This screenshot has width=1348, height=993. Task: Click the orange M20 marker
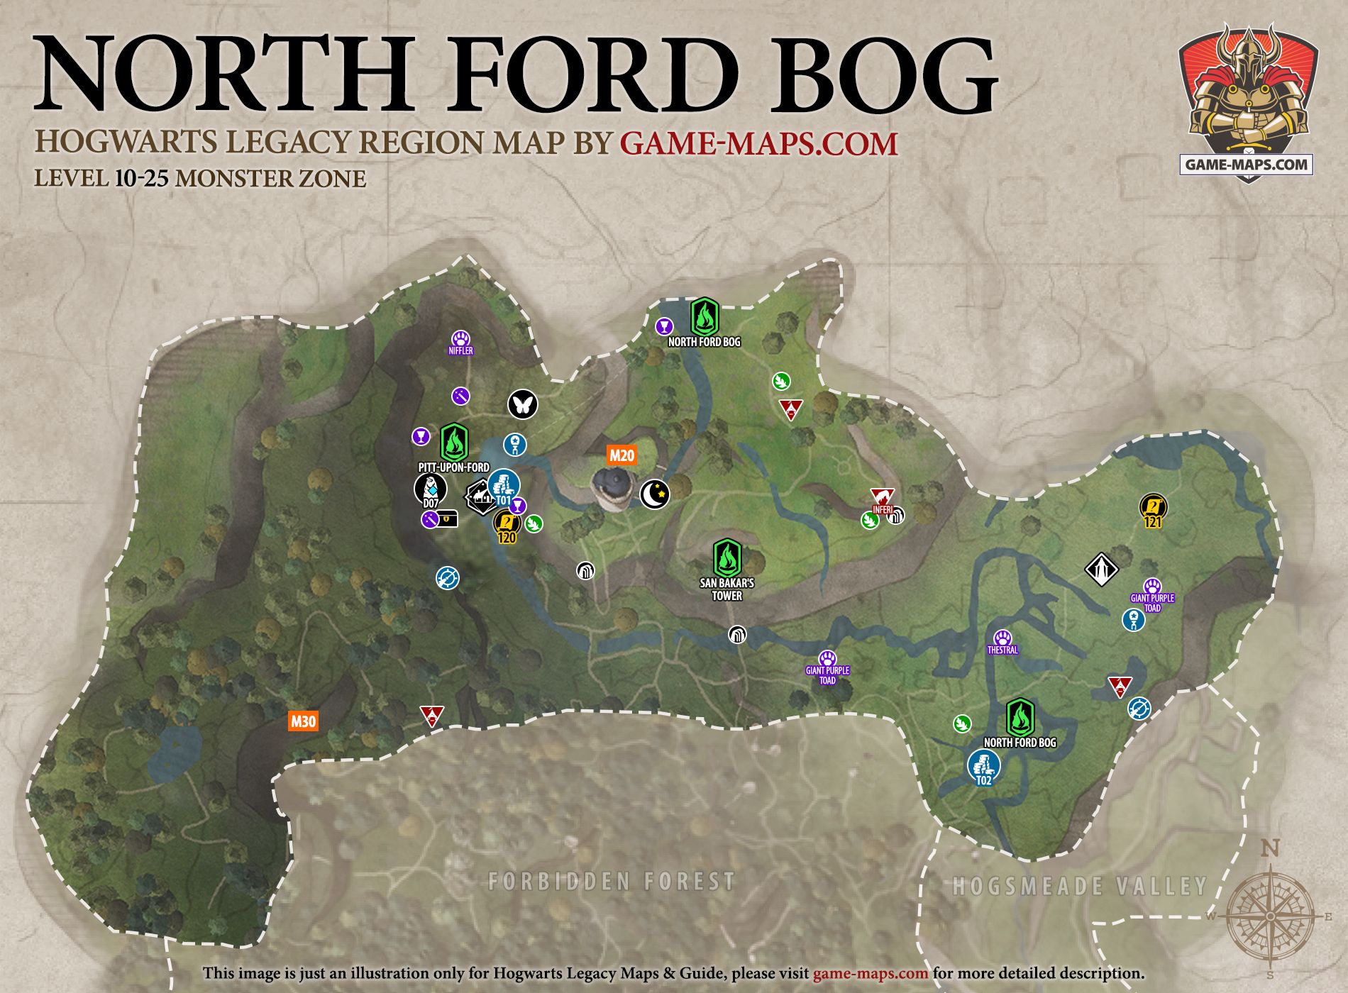(621, 455)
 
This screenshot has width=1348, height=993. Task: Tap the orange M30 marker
(303, 721)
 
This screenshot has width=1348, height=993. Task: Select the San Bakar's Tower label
(727, 589)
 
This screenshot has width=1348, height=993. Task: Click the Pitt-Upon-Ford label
(453, 467)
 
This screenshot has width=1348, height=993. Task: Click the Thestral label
(1002, 650)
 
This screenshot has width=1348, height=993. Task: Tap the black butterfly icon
(523, 404)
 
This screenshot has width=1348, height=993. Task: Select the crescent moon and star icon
(655, 494)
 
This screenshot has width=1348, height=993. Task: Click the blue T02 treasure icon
(983, 766)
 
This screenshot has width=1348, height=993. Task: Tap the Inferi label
(883, 509)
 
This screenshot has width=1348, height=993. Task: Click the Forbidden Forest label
(612, 882)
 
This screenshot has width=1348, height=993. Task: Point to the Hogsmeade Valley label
(1079, 886)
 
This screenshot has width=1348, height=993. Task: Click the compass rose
(1271, 916)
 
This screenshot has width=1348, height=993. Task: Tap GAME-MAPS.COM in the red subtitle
(758, 143)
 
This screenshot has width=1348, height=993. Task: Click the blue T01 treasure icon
(504, 487)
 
